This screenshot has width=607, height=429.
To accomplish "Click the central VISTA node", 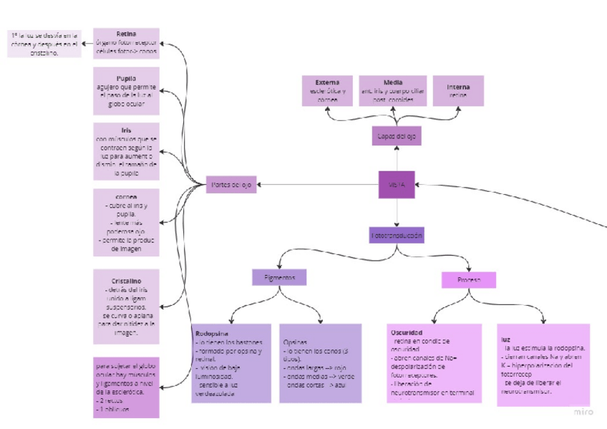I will coord(397,185).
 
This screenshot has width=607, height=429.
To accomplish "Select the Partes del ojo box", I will coord(230,185).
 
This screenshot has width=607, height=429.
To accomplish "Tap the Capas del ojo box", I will coord(396,135).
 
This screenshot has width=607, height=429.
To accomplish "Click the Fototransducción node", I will coord(397,234).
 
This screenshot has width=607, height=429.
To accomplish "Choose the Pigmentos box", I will coord(279,277).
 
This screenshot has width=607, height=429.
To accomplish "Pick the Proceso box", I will coord(468,279).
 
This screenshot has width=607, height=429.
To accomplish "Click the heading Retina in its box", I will coord(126,34).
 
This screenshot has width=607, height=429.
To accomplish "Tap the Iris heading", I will coord(126,130).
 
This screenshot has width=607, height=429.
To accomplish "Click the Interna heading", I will coord(458,87).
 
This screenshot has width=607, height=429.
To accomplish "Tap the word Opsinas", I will coord(296,342).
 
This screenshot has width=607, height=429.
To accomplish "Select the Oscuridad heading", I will coord(407,332).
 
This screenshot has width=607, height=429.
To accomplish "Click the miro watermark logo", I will coord(584,411).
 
